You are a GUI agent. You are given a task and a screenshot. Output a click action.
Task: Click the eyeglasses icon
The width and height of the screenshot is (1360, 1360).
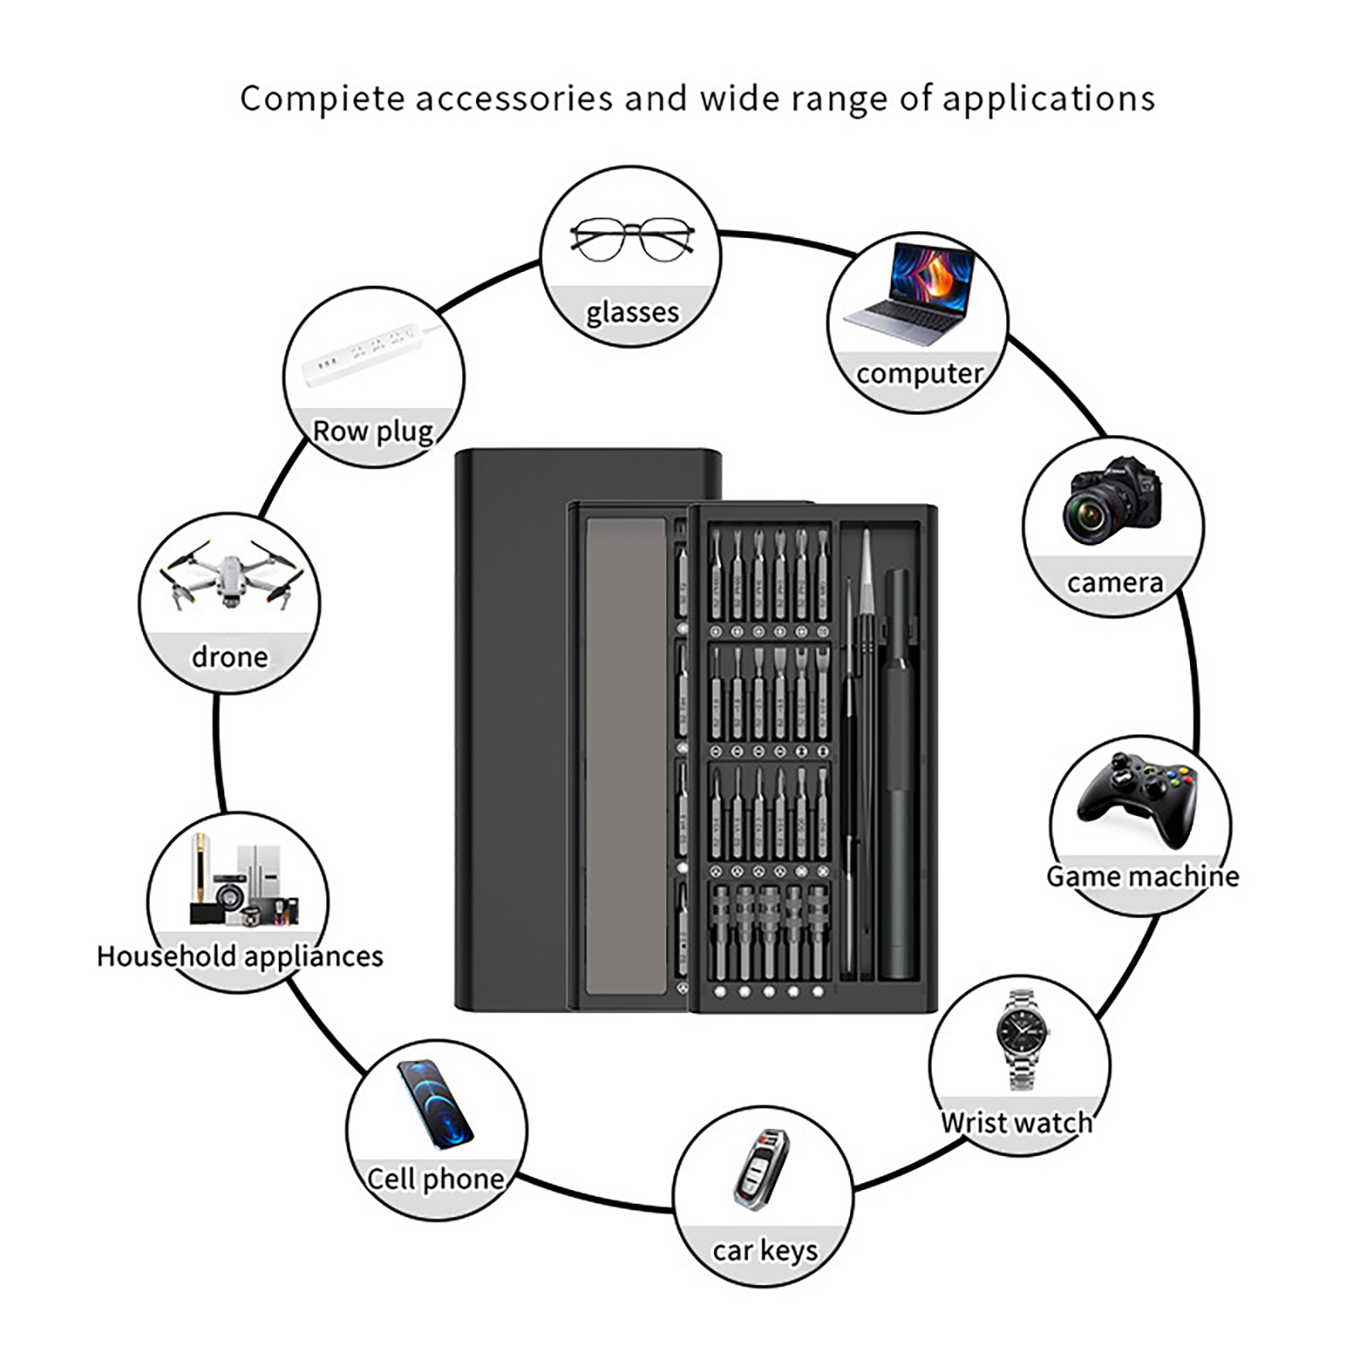(632, 240)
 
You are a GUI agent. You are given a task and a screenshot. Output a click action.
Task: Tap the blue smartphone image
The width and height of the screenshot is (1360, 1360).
(434, 1102)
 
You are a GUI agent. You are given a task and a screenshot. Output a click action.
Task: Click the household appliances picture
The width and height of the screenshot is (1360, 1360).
(244, 884)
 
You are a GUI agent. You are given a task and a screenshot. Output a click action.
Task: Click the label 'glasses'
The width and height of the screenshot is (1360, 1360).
(632, 313)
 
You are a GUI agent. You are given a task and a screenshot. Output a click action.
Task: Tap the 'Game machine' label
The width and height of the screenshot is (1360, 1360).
(1142, 876)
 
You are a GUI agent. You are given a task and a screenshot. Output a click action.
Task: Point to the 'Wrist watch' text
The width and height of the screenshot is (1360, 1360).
(1017, 1123)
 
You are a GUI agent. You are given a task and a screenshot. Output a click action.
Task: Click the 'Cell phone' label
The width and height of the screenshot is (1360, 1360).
(435, 1179)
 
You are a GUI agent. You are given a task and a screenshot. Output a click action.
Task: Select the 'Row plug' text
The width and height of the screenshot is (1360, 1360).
(373, 431)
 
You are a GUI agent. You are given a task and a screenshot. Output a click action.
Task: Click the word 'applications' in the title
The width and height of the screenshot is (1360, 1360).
(1048, 99)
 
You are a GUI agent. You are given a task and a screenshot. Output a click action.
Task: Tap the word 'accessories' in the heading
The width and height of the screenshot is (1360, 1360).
(513, 99)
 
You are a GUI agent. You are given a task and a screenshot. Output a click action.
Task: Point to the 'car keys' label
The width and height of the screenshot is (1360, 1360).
(765, 1250)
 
